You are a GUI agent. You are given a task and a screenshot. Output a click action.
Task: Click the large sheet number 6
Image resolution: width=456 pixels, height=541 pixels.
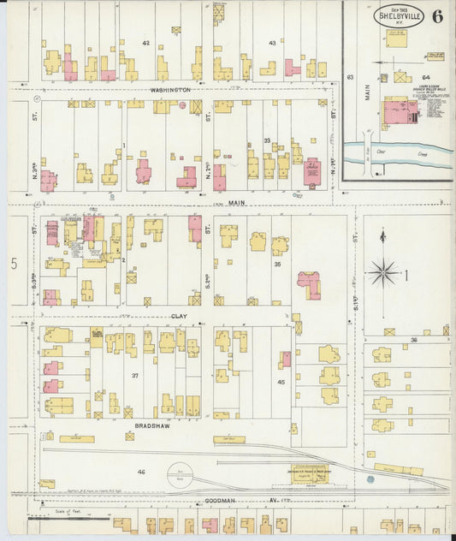tap(437, 15)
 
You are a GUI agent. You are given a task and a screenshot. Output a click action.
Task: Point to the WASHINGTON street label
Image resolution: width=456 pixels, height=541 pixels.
tap(169, 89)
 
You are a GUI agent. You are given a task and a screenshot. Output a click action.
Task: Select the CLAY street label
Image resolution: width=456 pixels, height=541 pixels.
tap(168, 315)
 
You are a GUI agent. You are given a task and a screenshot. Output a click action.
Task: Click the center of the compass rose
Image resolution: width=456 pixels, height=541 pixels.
tap(382, 274)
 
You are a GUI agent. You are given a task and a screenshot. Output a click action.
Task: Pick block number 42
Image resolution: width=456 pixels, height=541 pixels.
tap(145, 42)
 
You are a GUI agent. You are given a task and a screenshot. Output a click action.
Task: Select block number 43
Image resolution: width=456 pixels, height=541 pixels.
tap(272, 42)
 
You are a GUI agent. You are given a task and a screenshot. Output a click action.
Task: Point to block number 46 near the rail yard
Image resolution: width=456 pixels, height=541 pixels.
tap(142, 471)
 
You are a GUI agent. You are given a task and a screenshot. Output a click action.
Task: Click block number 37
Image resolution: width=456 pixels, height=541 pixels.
tap(134, 376)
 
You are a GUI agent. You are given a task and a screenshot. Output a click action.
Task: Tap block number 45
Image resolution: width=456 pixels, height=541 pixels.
tap(281, 382)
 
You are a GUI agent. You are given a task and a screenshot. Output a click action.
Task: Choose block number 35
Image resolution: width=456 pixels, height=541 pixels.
tap(277, 265)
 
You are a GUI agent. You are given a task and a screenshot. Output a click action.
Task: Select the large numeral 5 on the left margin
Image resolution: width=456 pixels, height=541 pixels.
tap(14, 265)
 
